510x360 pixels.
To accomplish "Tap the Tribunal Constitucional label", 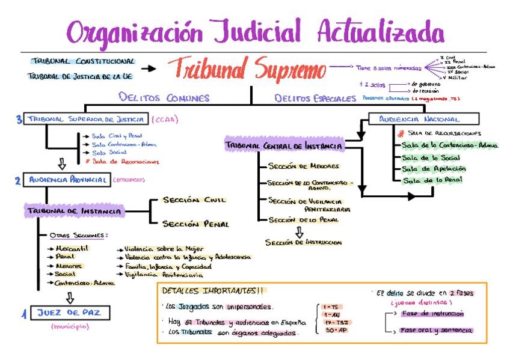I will (83, 61).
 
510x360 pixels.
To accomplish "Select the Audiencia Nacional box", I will (428, 119).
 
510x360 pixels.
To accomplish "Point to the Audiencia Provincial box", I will (66, 179).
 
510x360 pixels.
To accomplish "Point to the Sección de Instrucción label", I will (303, 242).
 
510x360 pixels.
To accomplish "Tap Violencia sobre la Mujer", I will (164, 248).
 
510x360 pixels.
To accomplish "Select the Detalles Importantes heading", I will (212, 291).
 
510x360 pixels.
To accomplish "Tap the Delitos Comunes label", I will (164, 97).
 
